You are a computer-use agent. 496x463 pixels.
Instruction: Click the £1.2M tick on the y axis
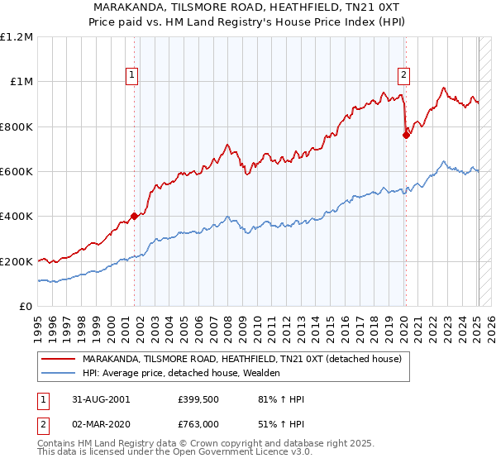tap(17, 37)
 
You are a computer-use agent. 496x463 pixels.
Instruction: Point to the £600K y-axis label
tap(17, 172)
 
